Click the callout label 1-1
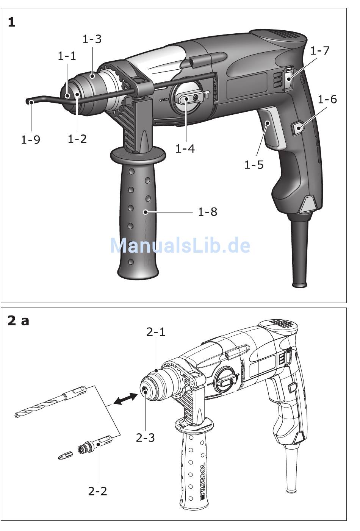click(x=67, y=56)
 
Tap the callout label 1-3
click(x=92, y=39)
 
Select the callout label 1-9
click(x=31, y=140)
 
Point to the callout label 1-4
click(x=185, y=148)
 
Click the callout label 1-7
click(x=320, y=50)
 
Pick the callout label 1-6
click(x=327, y=99)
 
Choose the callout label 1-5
click(x=254, y=165)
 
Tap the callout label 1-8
click(x=208, y=212)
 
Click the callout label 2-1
click(x=156, y=332)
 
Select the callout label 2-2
click(x=98, y=491)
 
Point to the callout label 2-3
click(x=146, y=437)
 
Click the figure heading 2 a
click(x=18, y=321)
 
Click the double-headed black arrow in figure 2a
click(x=125, y=398)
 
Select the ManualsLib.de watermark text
click(x=180, y=245)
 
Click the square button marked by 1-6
click(x=297, y=128)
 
